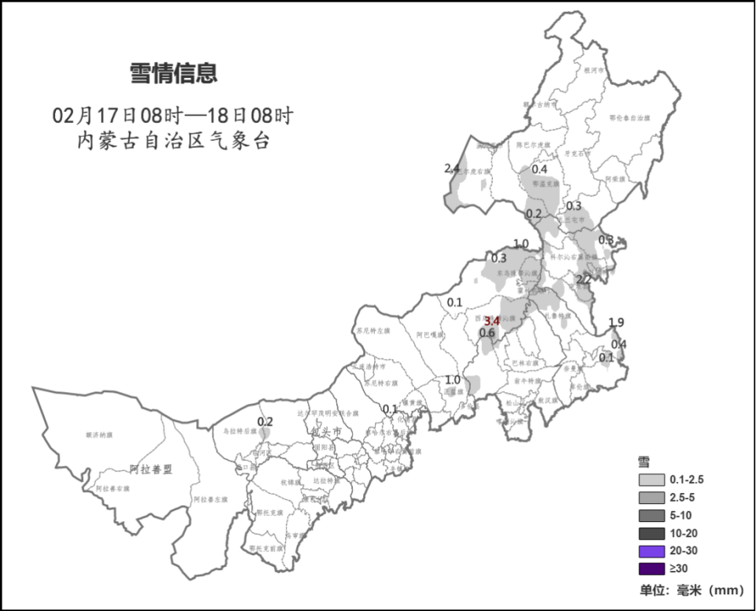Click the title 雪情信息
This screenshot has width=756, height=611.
[x=173, y=74]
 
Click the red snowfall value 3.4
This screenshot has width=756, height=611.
[x=492, y=320]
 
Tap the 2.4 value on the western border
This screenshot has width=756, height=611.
[x=452, y=168]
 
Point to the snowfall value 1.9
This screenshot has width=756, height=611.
[x=617, y=322]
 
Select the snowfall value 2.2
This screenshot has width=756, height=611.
[x=584, y=280]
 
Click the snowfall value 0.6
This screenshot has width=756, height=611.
[x=487, y=333]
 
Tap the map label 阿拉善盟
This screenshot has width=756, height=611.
[x=150, y=469]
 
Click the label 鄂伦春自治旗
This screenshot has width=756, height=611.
[x=630, y=117]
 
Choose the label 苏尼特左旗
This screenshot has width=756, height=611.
[x=373, y=331]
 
